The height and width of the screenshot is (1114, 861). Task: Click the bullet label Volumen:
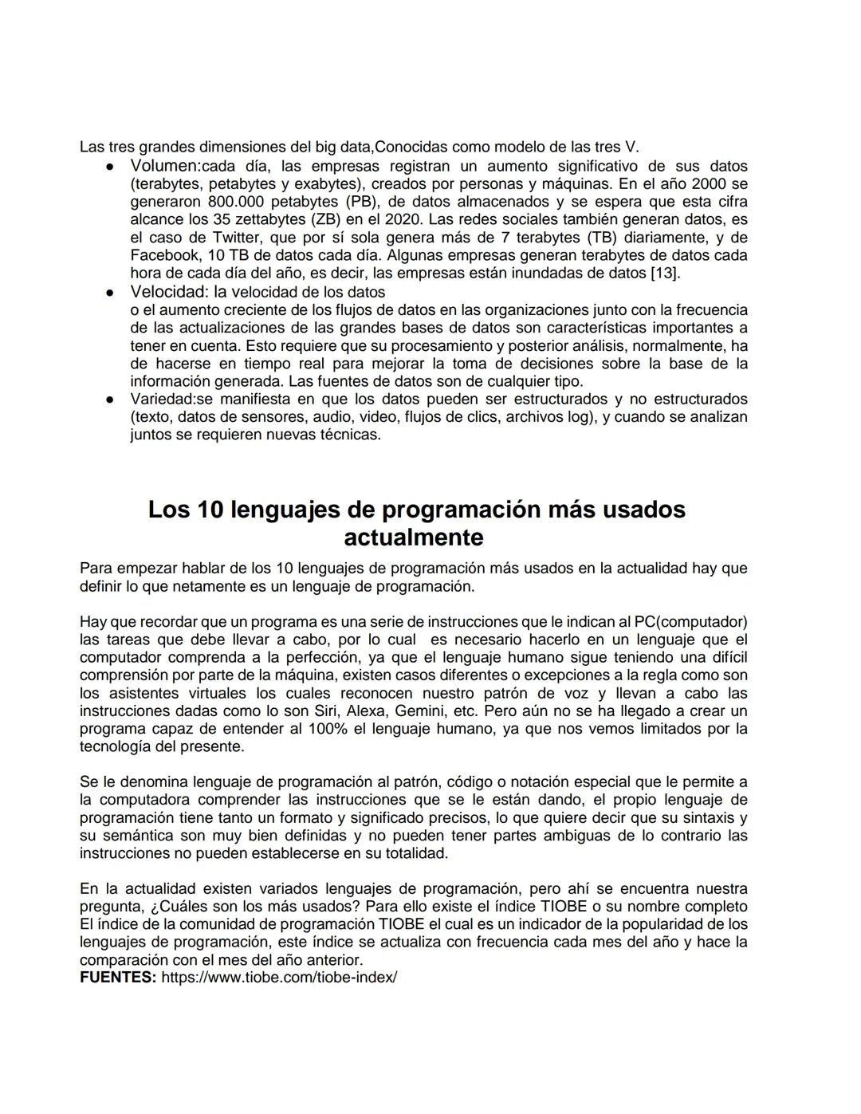coord(165,166)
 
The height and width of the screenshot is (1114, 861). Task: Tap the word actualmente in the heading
coord(413,537)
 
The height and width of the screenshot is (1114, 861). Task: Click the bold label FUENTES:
coord(118,978)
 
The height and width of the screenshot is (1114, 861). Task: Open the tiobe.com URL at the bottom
coord(279,978)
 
